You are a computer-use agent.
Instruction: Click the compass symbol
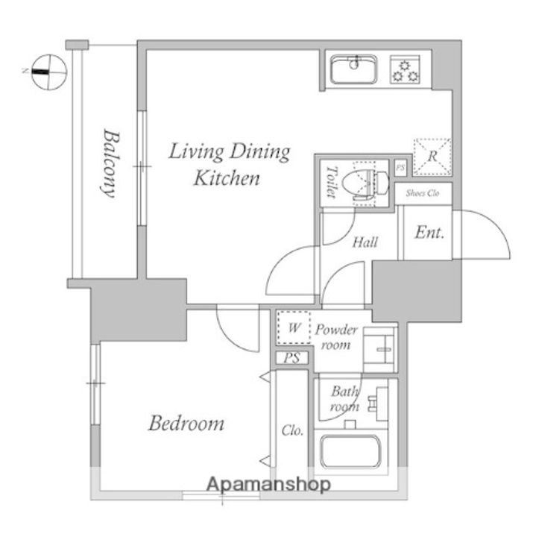[49, 72]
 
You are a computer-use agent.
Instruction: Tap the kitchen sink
[354, 69]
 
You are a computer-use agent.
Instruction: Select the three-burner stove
[405, 70]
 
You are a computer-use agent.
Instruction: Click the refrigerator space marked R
[432, 157]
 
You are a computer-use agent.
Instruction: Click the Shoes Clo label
[423, 193]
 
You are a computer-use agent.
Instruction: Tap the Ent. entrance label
[429, 233]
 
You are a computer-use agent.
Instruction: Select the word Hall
[365, 242]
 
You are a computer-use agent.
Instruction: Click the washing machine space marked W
[294, 327]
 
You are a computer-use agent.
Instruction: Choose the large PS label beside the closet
[291, 358]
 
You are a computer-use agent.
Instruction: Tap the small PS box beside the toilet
[400, 168]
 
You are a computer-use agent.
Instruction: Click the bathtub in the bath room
[351, 451]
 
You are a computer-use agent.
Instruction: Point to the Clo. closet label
[293, 430]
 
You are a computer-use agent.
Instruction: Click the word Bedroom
[186, 424]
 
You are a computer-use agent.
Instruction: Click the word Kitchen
[227, 178]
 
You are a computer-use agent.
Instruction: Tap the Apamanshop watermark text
[269, 484]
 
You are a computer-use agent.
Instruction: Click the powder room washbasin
[380, 349]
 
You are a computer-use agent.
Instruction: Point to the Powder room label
[336, 337]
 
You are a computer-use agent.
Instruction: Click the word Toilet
[331, 182]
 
